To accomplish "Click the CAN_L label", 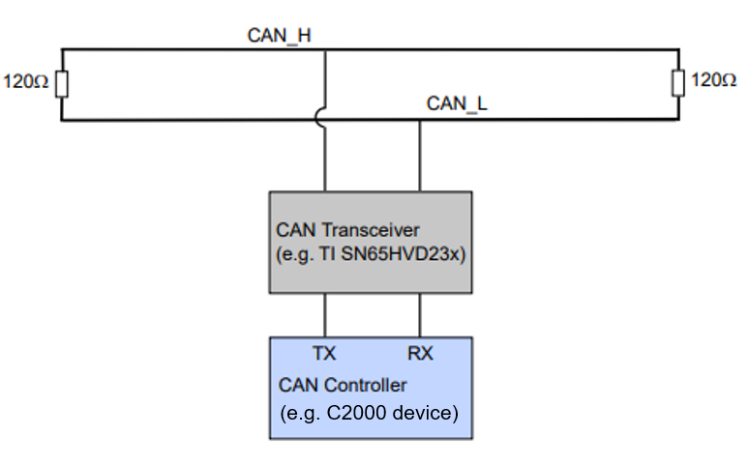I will (457, 103).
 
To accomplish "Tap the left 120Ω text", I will (25, 83).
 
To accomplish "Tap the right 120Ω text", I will (713, 82).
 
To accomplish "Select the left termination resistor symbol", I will (62, 84).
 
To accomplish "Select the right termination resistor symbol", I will (677, 83).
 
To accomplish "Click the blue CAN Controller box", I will (371, 387).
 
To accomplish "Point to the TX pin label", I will (324, 354).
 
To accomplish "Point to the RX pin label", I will (420, 354).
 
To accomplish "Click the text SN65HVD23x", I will (398, 255).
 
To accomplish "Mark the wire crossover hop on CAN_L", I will (324, 120).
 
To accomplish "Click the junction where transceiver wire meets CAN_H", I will (324, 50).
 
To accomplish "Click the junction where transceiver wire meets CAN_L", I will (420, 120).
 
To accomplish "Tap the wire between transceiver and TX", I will (324, 314).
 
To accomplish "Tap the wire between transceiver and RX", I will (420, 314).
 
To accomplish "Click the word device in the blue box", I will (427, 413).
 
